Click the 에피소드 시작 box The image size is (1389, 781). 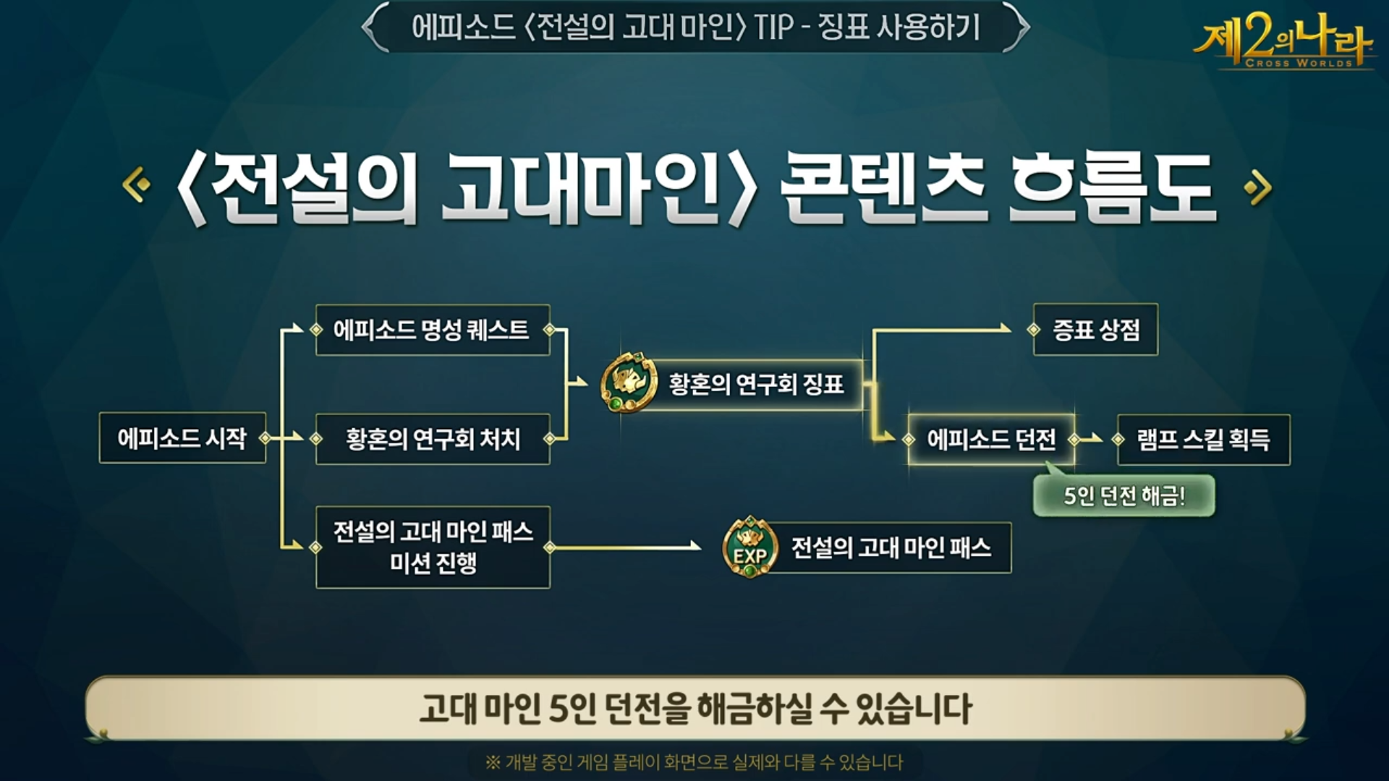pyautogui.click(x=182, y=438)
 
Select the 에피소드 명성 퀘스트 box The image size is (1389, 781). pyautogui.click(x=432, y=330)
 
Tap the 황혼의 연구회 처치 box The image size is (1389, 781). pyautogui.click(x=432, y=439)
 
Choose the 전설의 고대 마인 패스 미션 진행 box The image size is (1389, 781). pyautogui.click(x=432, y=547)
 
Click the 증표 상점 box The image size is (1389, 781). pyautogui.click(x=1095, y=330)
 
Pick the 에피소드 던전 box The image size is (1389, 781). pyautogui.click(x=991, y=439)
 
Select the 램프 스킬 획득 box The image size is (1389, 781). pyautogui.click(x=1203, y=439)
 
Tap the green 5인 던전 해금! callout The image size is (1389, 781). pyautogui.click(x=1123, y=496)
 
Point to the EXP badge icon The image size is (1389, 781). pyautogui.click(x=750, y=547)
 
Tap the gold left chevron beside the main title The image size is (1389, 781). pyautogui.click(x=136, y=185)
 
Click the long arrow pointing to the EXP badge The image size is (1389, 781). pyautogui.click(x=626, y=547)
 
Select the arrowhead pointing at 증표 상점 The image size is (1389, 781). pyautogui.click(x=1006, y=329)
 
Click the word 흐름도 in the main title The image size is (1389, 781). pyautogui.click(x=1111, y=188)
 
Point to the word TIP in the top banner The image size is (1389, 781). pyautogui.click(x=773, y=28)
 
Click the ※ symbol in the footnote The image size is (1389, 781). pyautogui.click(x=493, y=762)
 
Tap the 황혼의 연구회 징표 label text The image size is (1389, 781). pyautogui.click(x=756, y=384)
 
